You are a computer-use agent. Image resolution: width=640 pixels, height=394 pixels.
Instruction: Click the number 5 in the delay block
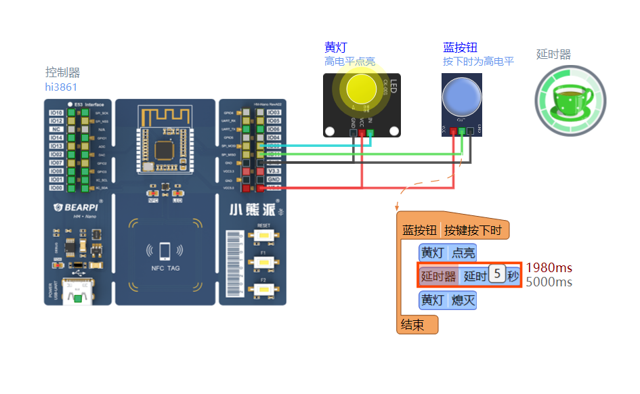497,275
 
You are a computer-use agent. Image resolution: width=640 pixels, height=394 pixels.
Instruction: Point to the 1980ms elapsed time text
549,268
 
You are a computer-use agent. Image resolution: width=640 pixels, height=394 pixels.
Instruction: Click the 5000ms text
549,282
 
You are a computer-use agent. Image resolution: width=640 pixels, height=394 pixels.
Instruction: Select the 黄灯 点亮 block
448,253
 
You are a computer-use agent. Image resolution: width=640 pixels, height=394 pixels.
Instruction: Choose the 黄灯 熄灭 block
448,300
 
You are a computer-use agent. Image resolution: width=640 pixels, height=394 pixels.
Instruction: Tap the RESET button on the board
263,235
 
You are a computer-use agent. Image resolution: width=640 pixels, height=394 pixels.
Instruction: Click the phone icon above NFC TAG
165,251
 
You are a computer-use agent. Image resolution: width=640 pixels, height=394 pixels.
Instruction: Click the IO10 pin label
57,113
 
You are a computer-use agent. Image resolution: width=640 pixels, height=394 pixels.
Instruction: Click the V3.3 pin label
274,171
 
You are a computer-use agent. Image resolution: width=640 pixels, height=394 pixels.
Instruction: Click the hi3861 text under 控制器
61,87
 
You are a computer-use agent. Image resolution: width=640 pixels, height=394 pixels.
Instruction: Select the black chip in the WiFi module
165,150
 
